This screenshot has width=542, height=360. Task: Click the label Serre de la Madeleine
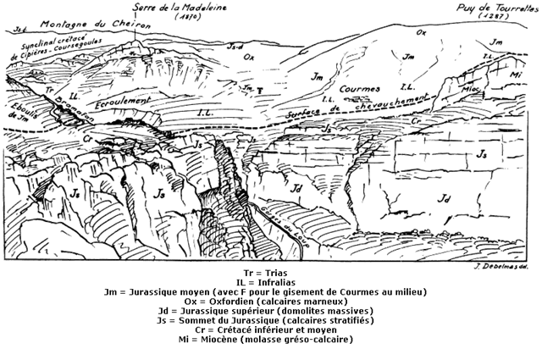point(177,7)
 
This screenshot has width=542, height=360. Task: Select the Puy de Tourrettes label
point(488,7)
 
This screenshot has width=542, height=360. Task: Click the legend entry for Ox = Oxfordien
point(271,302)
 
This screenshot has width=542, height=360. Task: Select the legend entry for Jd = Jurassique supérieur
point(271,311)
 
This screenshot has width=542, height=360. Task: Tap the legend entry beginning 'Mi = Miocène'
point(271,340)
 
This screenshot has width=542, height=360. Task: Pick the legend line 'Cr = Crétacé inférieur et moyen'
point(271,330)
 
